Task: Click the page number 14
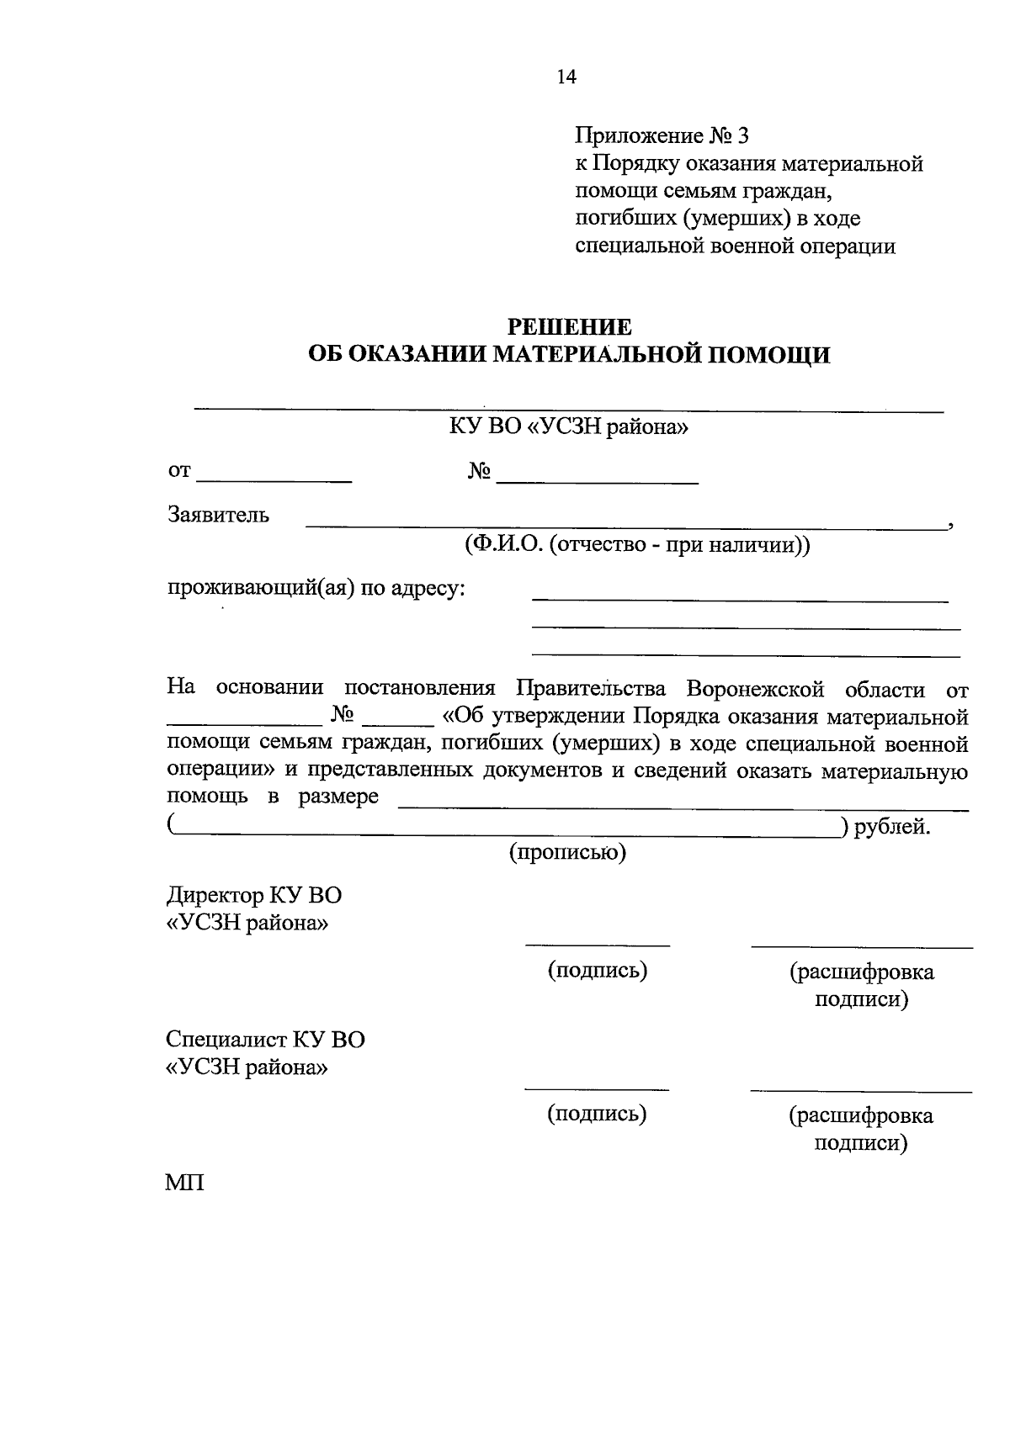pyautogui.click(x=566, y=77)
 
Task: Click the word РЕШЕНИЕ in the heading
pyautogui.click(x=569, y=326)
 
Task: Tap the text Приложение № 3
pyautogui.click(x=662, y=135)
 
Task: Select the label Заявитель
pyautogui.click(x=219, y=515)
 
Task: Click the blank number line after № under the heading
pyautogui.click(x=598, y=481)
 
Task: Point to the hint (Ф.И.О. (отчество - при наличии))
pyautogui.click(x=636, y=544)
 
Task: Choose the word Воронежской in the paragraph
pyautogui.click(x=754, y=689)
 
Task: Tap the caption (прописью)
pyautogui.click(x=568, y=853)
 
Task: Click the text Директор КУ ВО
pyautogui.click(x=254, y=895)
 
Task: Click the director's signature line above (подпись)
pyautogui.click(x=598, y=944)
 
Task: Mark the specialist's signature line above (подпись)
pyautogui.click(x=597, y=1088)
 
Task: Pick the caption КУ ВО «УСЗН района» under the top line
pyautogui.click(x=569, y=427)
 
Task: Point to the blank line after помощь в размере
pyautogui.click(x=682, y=808)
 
